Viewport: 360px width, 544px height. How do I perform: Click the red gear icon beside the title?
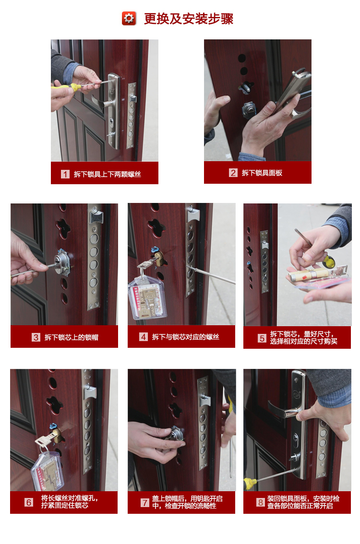129,19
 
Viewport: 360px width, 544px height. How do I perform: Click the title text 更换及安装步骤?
189,19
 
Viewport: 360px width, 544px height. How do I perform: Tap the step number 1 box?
65,174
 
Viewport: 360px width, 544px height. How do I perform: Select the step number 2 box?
233,173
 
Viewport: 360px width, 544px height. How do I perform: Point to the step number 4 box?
144,337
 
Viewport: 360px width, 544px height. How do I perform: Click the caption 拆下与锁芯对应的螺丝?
185,337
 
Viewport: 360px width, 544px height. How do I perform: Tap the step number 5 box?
262,338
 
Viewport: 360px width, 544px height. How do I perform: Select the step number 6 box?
29,502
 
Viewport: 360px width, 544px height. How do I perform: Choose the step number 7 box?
144,502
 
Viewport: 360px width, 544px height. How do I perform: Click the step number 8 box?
261,502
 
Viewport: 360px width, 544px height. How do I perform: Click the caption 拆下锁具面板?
262,173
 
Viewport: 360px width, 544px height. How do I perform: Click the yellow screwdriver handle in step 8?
250,483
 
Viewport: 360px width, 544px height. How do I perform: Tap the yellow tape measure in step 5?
329,261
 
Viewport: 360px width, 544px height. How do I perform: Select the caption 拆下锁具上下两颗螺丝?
107,174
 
